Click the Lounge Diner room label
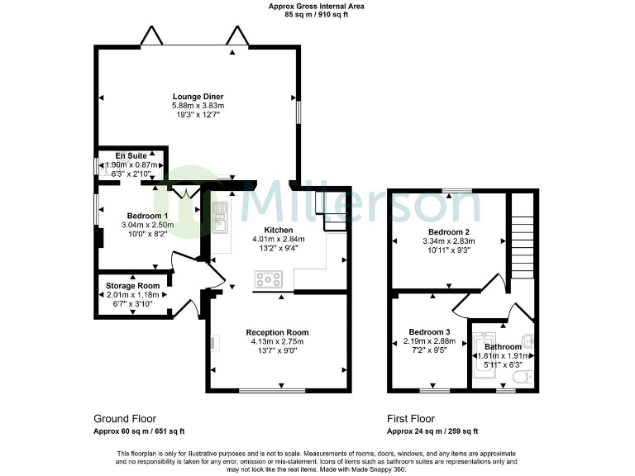(198, 97)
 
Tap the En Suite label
(131, 155)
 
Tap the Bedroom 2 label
(449, 231)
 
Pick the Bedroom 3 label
(431, 331)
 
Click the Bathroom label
(503, 346)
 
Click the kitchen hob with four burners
(268, 279)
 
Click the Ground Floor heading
(125, 419)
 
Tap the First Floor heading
(411, 419)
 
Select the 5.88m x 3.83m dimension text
(198, 106)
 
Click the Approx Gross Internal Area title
(317, 7)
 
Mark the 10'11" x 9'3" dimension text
(449, 250)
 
